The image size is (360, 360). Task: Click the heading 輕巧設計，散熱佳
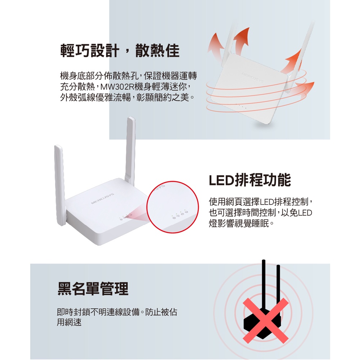click(x=120, y=50)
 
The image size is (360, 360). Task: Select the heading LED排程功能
click(x=250, y=180)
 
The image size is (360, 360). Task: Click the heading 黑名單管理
click(x=93, y=289)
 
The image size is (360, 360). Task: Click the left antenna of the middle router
click(x=60, y=185)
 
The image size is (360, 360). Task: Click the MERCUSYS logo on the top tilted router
click(x=253, y=78)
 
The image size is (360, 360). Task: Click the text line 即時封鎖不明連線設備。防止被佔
click(x=117, y=312)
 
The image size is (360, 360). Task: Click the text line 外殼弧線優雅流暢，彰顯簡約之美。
click(x=127, y=97)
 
